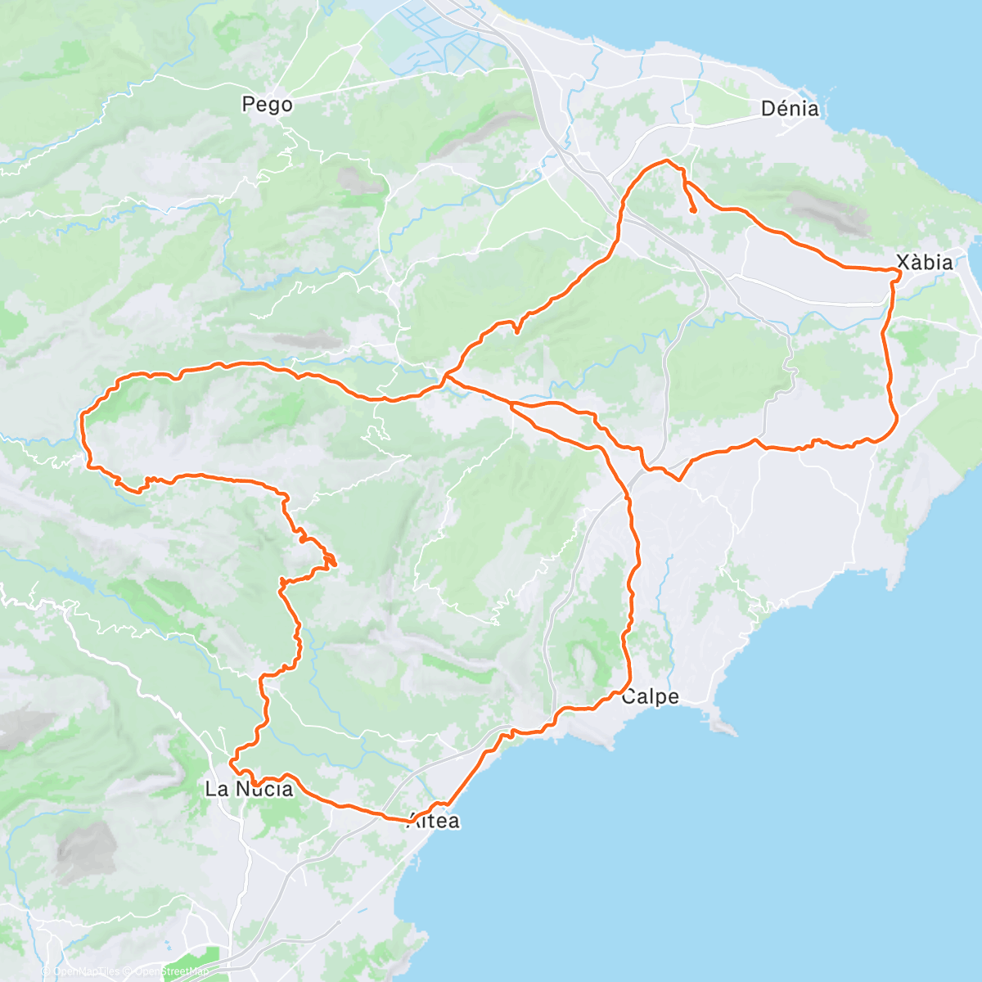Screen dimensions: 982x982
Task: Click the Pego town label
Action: tap(267, 105)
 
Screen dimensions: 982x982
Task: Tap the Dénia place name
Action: tap(789, 108)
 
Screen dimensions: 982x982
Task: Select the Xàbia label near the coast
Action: tap(924, 263)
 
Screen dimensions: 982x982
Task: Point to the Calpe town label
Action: tap(650, 697)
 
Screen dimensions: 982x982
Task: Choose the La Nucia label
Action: tap(248, 790)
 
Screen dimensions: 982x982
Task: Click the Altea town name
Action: tap(434, 822)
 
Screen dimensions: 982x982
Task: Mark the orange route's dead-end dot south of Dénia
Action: tap(693, 210)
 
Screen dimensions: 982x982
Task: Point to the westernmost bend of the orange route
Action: tap(83, 419)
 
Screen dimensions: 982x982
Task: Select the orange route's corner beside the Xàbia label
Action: tap(898, 273)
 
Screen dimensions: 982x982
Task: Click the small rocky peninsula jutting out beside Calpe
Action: tap(719, 725)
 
